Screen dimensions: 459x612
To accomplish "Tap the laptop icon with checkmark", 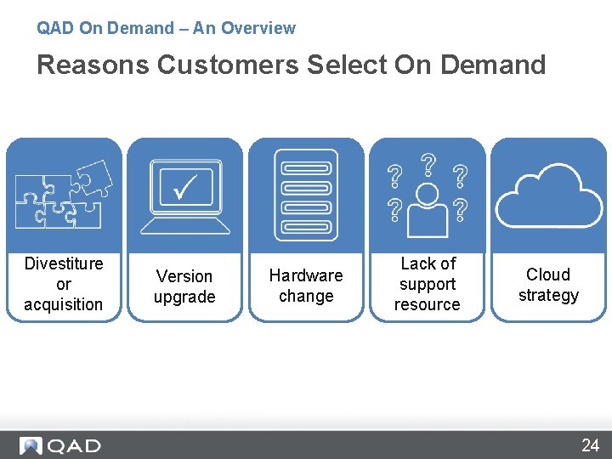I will click(x=185, y=196).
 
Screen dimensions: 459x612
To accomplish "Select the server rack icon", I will click(x=306, y=195).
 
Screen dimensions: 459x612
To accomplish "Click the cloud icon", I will click(x=548, y=196).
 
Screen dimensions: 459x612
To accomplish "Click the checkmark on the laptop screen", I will click(x=185, y=186).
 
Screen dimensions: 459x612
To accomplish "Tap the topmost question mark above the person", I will click(x=428, y=163).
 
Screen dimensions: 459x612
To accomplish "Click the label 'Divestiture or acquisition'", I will click(x=64, y=284).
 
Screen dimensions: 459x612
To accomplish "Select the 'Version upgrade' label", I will click(x=184, y=286).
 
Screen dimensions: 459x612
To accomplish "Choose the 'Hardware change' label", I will click(x=306, y=286).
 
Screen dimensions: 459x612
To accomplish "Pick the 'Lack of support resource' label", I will click(x=428, y=284).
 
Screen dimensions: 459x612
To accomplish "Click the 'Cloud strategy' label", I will click(x=548, y=285).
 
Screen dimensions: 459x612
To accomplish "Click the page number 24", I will click(x=590, y=445).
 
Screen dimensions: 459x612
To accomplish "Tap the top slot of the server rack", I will click(x=306, y=166).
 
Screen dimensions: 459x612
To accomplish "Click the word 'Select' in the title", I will click(x=347, y=65).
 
